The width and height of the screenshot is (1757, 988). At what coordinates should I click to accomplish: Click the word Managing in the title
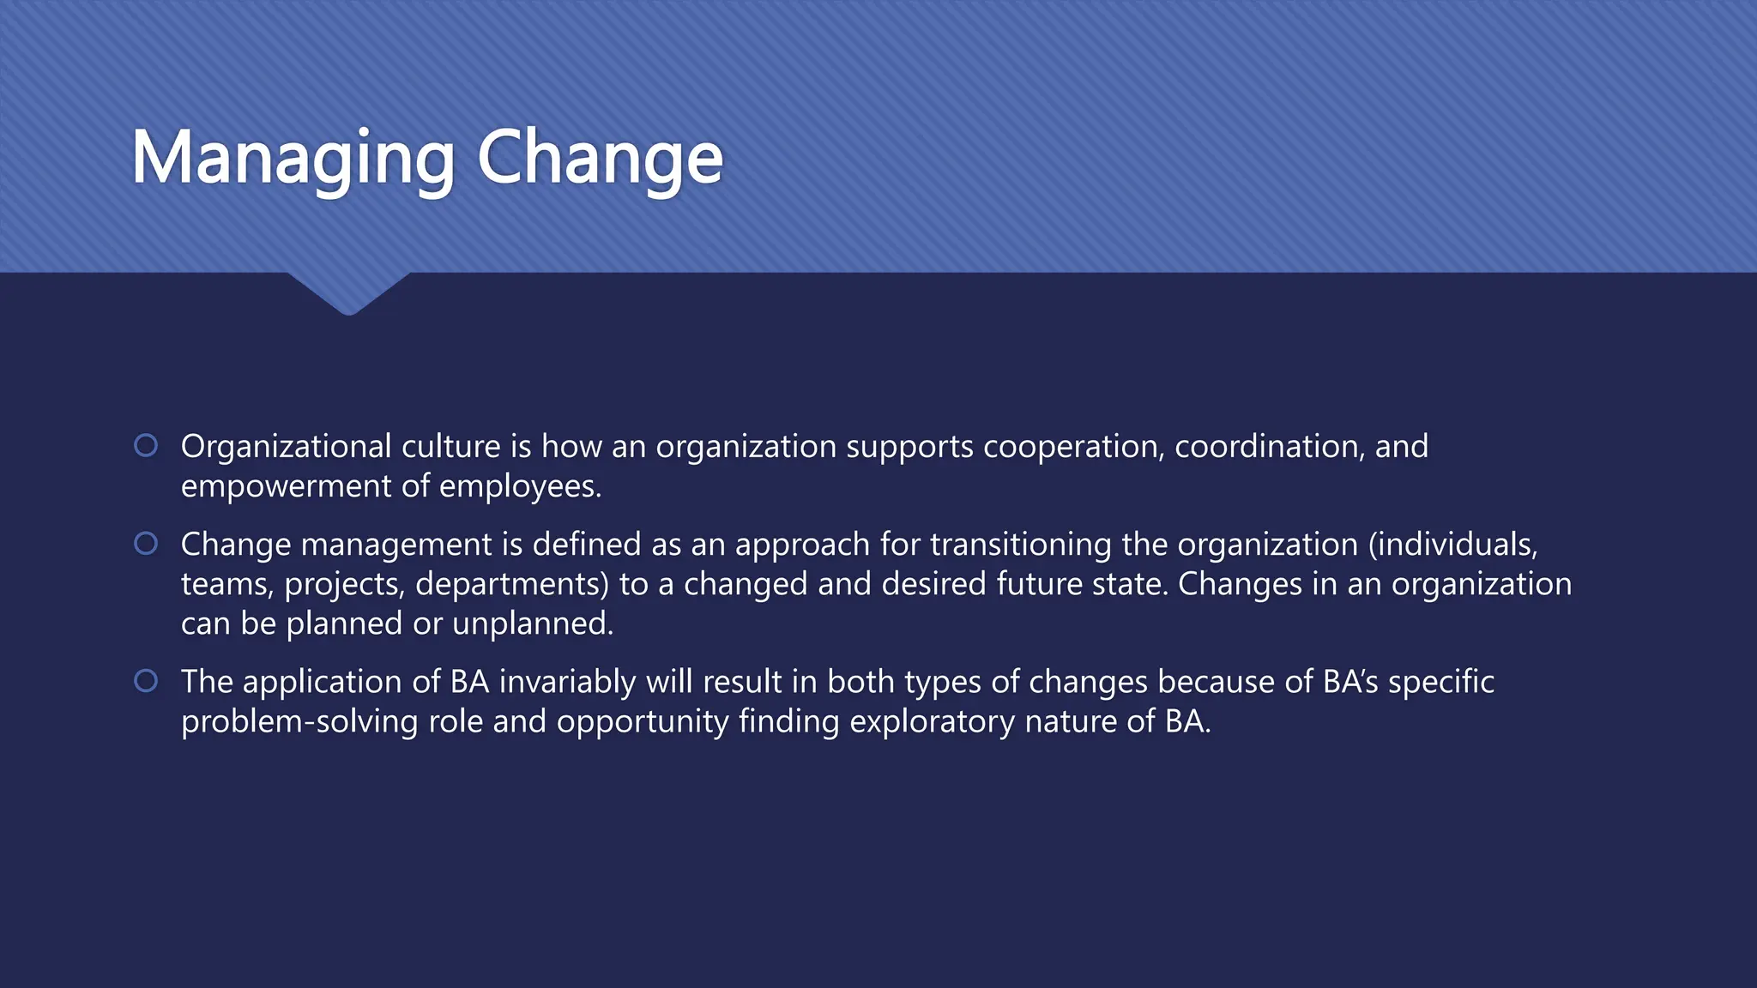[293, 159]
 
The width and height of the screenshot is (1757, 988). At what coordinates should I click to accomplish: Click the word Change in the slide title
[600, 159]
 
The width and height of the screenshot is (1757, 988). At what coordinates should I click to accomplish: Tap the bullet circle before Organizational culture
[146, 445]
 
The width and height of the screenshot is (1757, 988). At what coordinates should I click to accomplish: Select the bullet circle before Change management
[146, 543]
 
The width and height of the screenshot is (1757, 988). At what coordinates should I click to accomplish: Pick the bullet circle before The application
[146, 680]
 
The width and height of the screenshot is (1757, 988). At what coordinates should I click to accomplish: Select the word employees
[520, 486]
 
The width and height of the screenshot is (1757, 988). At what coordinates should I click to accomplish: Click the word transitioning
[1021, 545]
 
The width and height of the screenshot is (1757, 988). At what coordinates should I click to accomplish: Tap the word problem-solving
[299, 721]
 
